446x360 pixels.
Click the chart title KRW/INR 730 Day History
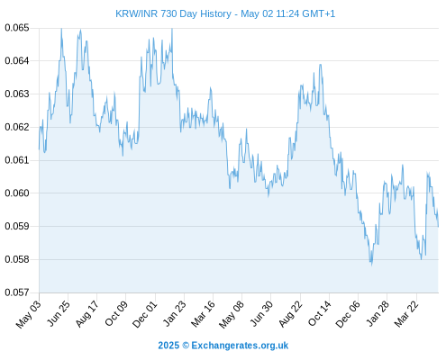coord(173,13)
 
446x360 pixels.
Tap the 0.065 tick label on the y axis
coord(17,28)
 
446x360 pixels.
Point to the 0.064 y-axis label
coord(17,61)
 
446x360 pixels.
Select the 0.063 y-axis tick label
coord(17,94)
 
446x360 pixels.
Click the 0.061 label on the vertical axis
coord(17,160)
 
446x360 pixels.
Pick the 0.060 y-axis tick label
coord(17,193)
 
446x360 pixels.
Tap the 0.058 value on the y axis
coord(17,259)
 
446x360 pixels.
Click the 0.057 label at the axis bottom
coord(17,292)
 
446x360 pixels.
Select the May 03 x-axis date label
coord(28,314)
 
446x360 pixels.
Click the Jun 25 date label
coord(59,313)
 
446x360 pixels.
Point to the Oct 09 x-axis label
coord(116,313)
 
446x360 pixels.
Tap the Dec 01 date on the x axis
coord(144,314)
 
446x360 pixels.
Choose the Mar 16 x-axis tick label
coord(203,314)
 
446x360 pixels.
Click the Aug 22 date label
coord(290,314)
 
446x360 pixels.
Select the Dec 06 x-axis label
coord(347,314)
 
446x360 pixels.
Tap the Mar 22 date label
coord(406,314)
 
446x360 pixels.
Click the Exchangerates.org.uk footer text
coord(240,346)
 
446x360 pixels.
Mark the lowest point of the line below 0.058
coord(372,265)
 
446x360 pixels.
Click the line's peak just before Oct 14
coord(321,64)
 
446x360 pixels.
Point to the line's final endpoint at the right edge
coord(438,227)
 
